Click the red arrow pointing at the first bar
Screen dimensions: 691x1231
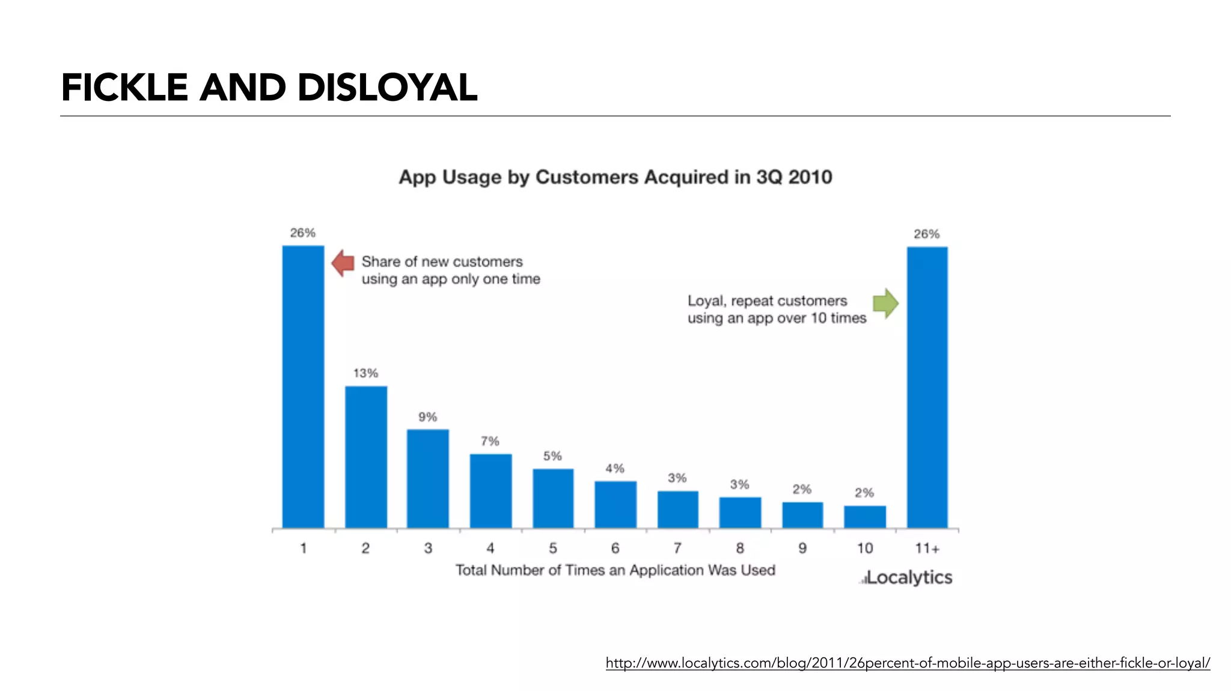click(343, 263)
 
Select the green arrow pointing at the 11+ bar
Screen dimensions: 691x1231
click(885, 303)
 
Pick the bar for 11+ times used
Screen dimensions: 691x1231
click(927, 388)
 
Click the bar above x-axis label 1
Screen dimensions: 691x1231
click(303, 388)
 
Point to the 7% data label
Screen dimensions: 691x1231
click(490, 441)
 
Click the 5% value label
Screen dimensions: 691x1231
click(552, 456)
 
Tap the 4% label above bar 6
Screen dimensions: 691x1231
click(615, 468)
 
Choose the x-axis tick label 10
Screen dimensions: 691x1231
click(864, 548)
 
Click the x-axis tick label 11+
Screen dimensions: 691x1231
click(927, 548)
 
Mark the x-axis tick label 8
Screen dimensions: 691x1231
click(740, 548)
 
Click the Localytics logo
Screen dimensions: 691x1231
click(906, 577)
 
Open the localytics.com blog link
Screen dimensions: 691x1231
click(908, 663)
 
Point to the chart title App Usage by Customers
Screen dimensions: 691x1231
click(615, 177)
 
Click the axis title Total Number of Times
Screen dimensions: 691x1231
click(615, 570)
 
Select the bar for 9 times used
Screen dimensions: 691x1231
click(802, 515)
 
